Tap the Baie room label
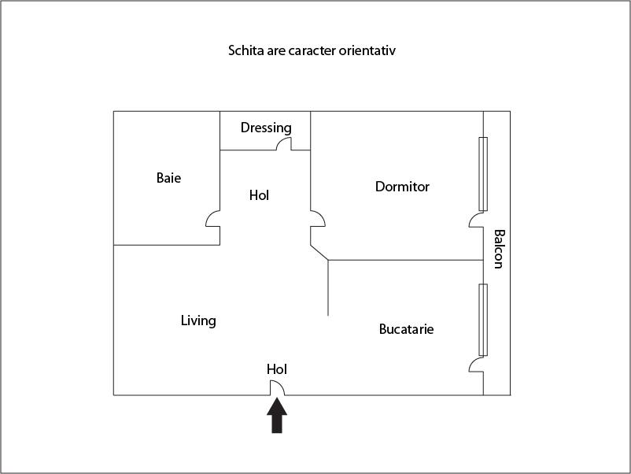[168, 178]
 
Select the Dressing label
[266, 128]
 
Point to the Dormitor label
[402, 187]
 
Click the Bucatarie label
[406, 328]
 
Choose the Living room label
[198, 320]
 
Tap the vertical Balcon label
[497, 249]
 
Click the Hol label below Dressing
[259, 194]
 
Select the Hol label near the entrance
[277, 368]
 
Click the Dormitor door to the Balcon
[476, 220]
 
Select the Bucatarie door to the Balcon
[476, 365]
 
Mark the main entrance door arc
[278, 387]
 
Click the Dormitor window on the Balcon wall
[483, 174]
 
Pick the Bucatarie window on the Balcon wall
[483, 320]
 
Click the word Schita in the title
[245, 51]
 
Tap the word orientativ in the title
[371, 51]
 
